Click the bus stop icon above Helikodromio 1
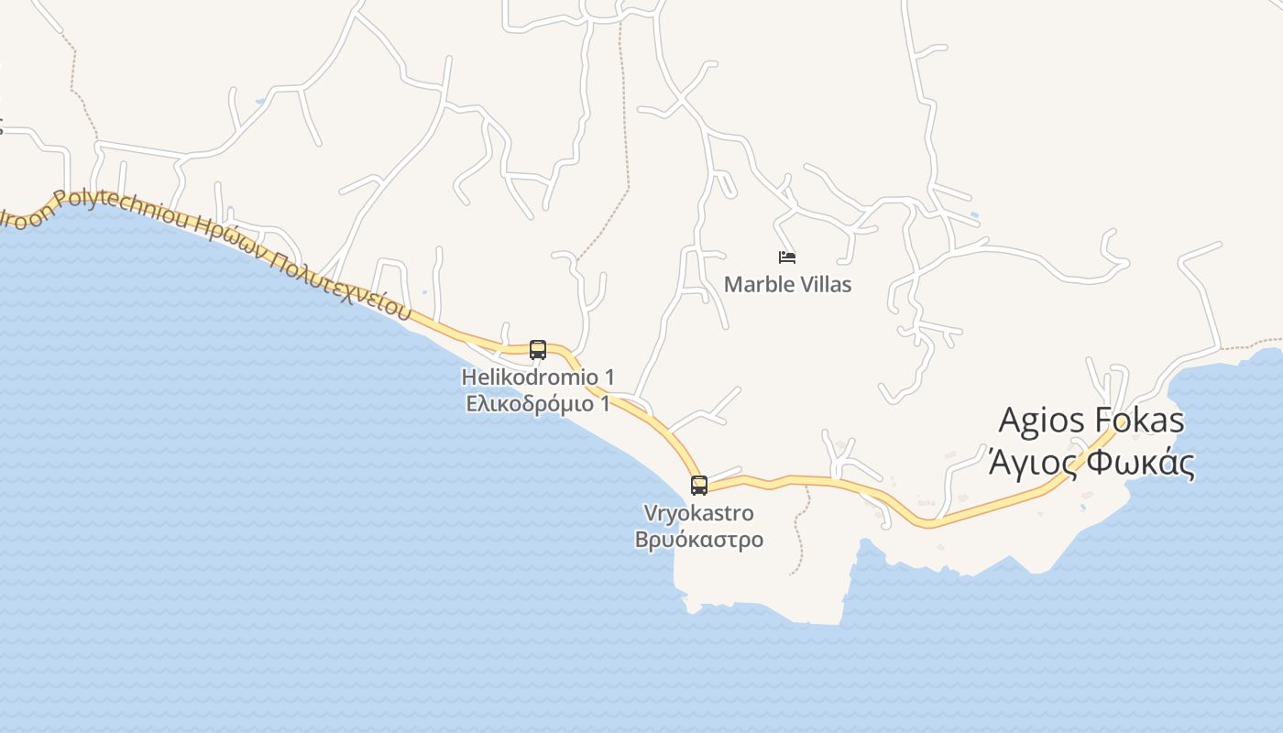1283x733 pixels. pyautogui.click(x=538, y=350)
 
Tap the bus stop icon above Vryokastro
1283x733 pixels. pyautogui.click(x=699, y=486)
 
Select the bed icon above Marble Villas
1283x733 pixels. pyautogui.click(x=787, y=257)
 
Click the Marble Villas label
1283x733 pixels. pyautogui.click(x=787, y=285)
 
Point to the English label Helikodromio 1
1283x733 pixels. pyautogui.click(x=538, y=377)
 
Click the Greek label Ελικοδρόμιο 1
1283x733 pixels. pyautogui.click(x=538, y=403)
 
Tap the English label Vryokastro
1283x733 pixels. pyautogui.click(x=699, y=513)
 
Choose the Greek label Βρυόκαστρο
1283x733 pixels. pyautogui.click(x=699, y=539)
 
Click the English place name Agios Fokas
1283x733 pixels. pyautogui.click(x=1091, y=421)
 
